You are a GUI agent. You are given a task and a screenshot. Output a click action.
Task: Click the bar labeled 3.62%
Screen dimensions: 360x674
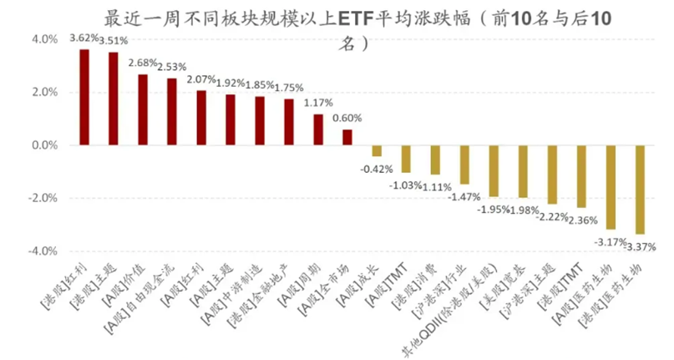[x=84, y=97]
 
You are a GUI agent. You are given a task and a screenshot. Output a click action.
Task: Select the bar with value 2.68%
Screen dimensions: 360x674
[x=143, y=109]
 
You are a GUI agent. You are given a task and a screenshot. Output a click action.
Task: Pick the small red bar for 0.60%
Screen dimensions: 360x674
[x=347, y=137]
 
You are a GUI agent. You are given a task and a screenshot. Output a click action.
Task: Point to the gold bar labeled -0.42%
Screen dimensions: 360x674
[x=377, y=151]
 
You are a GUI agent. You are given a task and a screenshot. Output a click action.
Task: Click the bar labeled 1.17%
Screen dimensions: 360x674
[x=318, y=129]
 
